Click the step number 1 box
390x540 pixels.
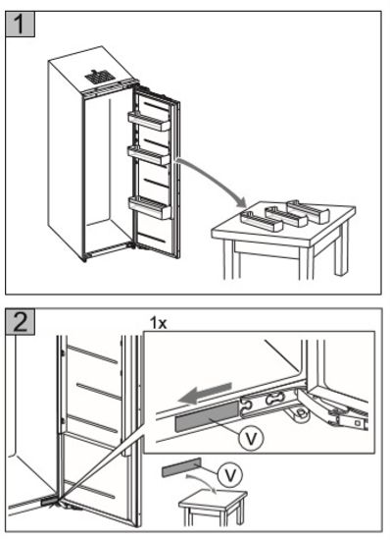(20, 24)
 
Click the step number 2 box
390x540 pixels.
(20, 321)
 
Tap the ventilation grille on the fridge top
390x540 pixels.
(99, 77)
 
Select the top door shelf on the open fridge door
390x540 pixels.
(149, 121)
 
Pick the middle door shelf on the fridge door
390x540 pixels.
(149, 155)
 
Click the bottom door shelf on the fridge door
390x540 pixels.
(150, 207)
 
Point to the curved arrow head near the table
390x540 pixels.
(241, 202)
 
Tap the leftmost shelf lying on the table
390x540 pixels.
(262, 222)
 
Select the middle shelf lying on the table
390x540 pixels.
(286, 217)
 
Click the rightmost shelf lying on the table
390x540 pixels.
(309, 210)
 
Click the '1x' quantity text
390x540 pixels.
(158, 323)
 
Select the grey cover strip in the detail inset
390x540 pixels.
(207, 415)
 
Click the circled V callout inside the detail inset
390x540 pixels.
(251, 438)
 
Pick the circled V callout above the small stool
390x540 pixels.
(230, 475)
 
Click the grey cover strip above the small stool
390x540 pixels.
(181, 467)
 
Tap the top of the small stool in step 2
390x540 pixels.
(213, 499)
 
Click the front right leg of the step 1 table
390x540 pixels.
(305, 262)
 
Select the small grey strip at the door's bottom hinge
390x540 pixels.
(47, 502)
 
